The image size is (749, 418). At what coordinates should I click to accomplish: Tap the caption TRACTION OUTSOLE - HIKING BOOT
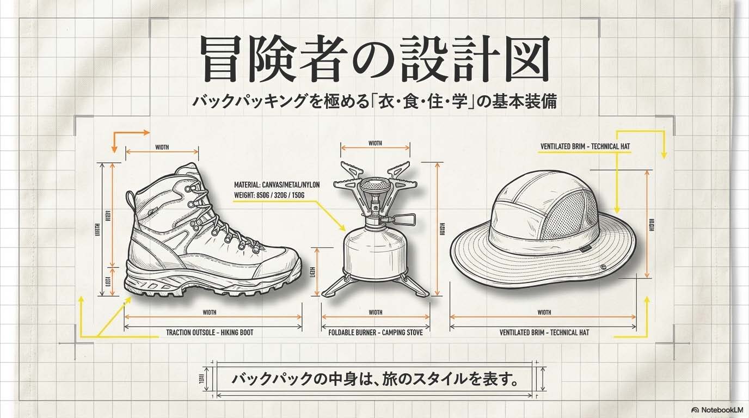210,332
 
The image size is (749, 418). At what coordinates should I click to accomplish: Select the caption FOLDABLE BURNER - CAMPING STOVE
376,332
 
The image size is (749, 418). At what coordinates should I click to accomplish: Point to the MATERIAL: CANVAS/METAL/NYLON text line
277,185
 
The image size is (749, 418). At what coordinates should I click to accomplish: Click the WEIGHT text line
269,195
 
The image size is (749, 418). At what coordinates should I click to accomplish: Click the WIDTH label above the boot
162,147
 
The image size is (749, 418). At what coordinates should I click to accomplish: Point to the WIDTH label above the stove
376,144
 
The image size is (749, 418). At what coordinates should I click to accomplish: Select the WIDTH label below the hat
544,312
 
